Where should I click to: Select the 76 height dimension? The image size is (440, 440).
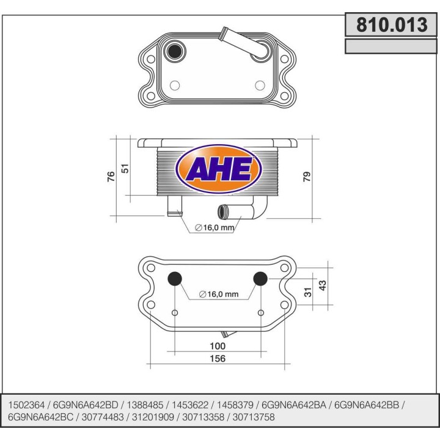[x=111, y=177]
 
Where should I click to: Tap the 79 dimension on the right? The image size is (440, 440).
[x=307, y=177]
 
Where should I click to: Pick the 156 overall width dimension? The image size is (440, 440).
[x=218, y=358]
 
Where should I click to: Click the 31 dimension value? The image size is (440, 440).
[x=309, y=292]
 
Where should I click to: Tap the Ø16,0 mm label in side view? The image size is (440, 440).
[x=215, y=228]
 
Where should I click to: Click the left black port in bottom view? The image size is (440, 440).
[x=175, y=279]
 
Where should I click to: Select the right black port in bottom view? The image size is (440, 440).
[x=260, y=279]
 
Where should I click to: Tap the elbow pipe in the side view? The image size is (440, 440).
[x=244, y=211]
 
